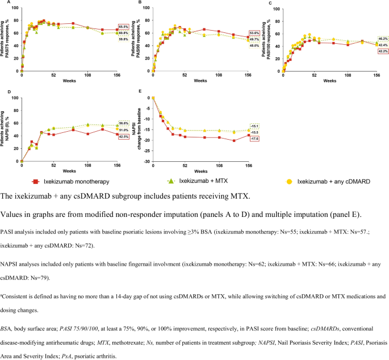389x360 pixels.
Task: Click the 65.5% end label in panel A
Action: (124, 27)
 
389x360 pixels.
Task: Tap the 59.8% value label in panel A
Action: (124, 39)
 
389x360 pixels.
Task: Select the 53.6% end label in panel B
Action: (254, 33)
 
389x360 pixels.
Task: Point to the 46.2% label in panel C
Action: (383, 39)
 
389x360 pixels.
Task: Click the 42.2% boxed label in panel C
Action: (383, 51)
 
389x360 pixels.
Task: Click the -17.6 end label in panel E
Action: (254, 139)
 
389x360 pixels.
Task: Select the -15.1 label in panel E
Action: (254, 126)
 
